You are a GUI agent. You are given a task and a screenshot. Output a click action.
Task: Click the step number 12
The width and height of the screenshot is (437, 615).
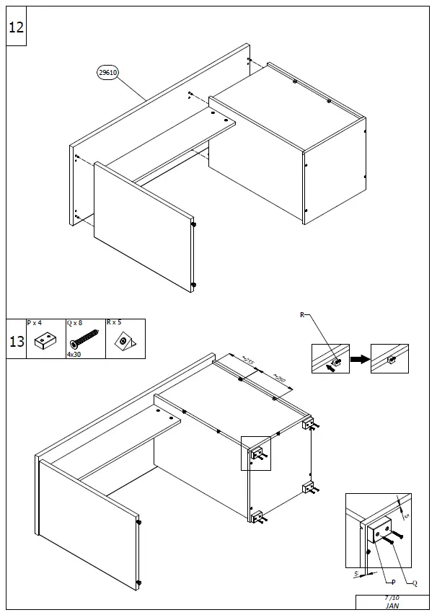point(16,27)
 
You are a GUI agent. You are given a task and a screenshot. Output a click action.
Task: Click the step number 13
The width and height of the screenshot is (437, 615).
point(16,341)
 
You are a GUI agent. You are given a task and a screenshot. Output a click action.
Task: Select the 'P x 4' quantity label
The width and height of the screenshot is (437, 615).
point(35,324)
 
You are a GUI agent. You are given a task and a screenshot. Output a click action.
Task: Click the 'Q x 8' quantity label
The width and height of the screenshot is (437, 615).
point(76,324)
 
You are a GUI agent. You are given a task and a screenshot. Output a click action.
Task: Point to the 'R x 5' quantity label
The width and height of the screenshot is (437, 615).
point(115,324)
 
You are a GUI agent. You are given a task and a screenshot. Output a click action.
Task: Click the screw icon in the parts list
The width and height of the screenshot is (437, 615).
point(84,339)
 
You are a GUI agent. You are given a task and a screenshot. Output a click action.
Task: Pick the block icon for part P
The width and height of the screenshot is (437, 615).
point(45,340)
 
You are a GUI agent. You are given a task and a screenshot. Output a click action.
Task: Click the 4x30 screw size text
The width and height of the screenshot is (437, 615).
point(74,355)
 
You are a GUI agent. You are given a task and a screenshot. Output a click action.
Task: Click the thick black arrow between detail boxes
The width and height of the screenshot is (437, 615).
point(360,359)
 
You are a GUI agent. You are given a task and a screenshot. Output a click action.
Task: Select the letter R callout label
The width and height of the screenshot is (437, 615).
point(303,315)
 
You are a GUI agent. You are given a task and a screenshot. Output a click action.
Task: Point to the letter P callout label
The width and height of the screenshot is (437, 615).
point(393,582)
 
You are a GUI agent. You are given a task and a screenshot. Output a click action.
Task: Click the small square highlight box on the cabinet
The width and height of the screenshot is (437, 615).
point(255,453)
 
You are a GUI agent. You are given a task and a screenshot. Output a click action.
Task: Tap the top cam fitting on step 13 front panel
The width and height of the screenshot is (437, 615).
point(138,521)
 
